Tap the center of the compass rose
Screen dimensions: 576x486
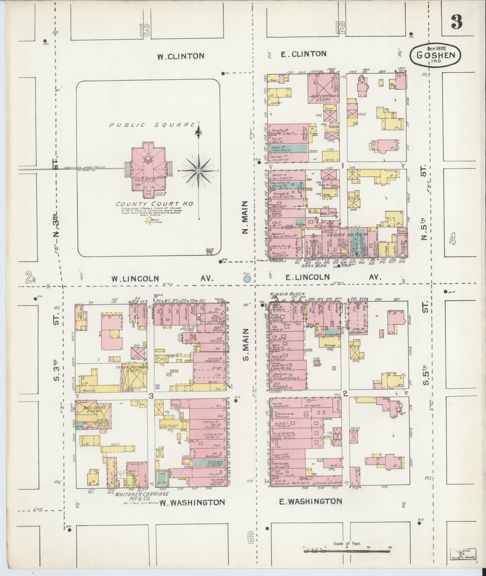(x=199, y=171)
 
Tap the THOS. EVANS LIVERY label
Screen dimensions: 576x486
(x=91, y=410)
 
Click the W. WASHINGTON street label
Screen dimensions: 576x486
(x=192, y=502)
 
